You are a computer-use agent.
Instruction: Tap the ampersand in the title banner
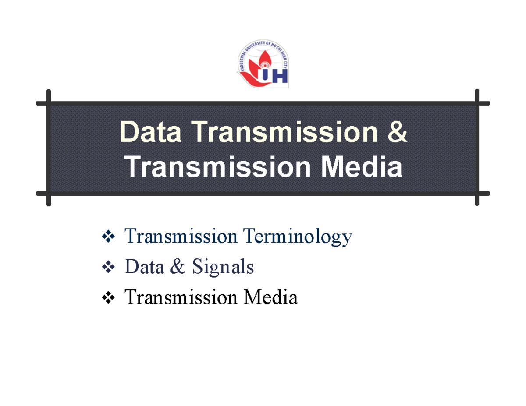coord(397,132)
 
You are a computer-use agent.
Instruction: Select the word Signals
coord(222,267)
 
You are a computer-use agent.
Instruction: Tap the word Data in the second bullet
coord(141,267)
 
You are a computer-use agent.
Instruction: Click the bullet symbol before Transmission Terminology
coord(107,237)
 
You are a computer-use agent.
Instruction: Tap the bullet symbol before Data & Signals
coord(107,268)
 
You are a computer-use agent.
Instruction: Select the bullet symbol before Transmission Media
coord(107,298)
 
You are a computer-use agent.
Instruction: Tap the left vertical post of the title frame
coord(49,148)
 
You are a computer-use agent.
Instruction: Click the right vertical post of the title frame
coord(477,148)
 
